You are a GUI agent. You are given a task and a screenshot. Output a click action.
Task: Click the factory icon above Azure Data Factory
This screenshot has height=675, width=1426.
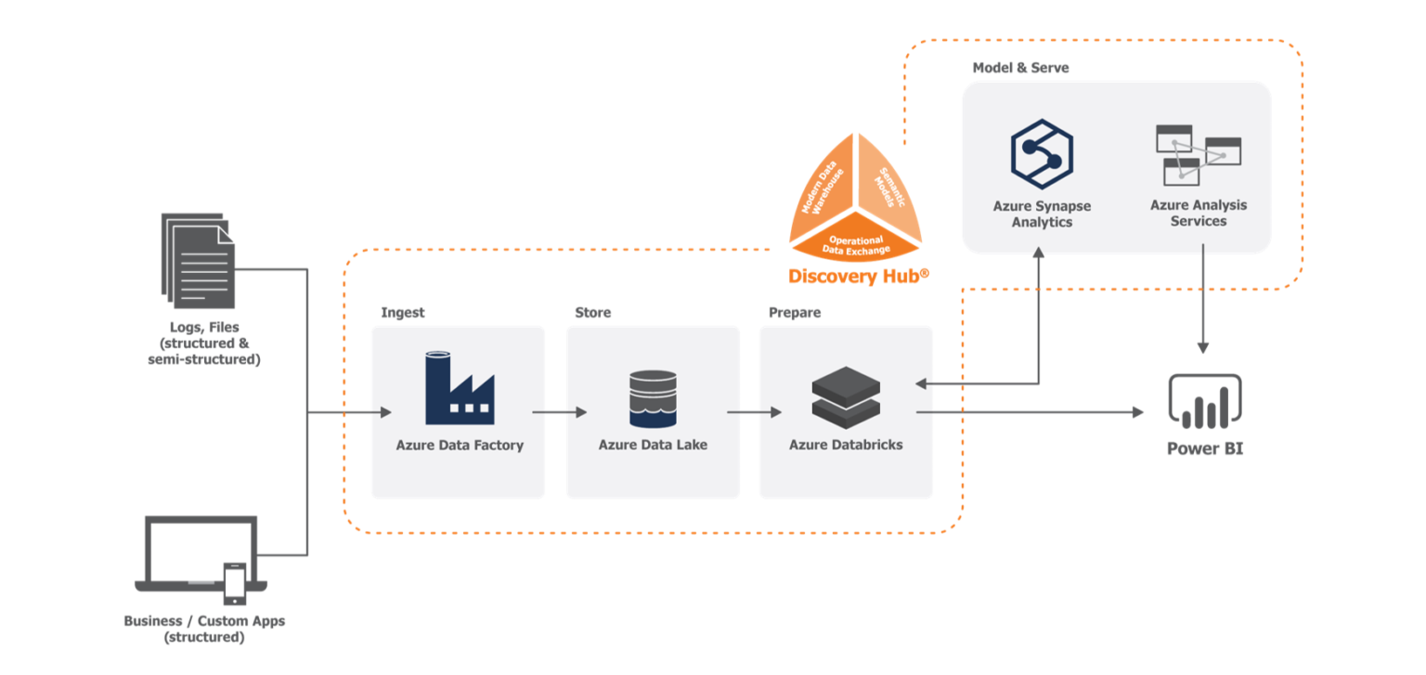pyautogui.click(x=460, y=388)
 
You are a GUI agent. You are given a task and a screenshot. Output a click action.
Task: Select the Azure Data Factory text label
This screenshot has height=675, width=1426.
pyautogui.click(x=460, y=445)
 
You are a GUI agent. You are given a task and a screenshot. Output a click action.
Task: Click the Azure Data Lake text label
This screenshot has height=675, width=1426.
pyautogui.click(x=653, y=445)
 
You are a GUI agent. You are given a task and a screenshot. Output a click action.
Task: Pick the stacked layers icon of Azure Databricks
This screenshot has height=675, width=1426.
pyautogui.click(x=846, y=396)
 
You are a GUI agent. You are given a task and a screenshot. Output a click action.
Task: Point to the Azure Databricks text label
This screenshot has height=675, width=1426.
pyautogui.click(x=846, y=445)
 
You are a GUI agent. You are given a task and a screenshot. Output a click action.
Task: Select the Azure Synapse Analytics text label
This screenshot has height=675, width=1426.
pyautogui.click(x=1042, y=214)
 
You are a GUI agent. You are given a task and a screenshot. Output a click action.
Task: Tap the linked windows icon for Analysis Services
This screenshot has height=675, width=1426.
pyautogui.click(x=1198, y=154)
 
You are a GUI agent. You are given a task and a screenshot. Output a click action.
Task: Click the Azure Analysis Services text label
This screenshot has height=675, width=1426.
pyautogui.click(x=1199, y=213)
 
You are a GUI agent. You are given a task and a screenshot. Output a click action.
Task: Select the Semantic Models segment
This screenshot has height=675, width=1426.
pyautogui.click(x=887, y=186)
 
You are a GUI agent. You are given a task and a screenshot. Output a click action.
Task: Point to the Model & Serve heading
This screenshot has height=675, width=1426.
pyautogui.click(x=1020, y=68)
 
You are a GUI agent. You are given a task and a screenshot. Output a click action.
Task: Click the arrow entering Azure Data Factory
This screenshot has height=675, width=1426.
pyautogui.click(x=381, y=412)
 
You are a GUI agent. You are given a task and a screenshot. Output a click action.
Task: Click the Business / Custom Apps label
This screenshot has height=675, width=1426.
pyautogui.click(x=204, y=621)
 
